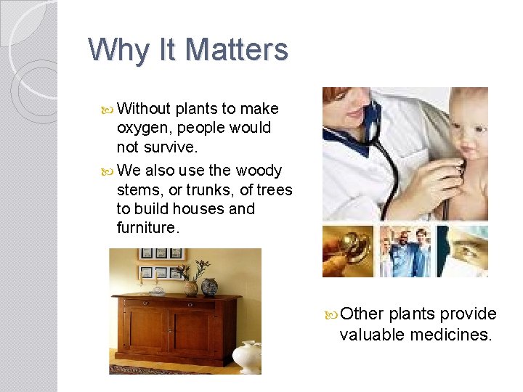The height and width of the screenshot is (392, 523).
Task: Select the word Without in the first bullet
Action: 144,109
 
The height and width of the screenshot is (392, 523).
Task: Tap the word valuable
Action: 371,335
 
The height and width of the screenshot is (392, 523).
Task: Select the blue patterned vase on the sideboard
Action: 209,287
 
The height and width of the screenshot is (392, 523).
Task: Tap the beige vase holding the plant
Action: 190,287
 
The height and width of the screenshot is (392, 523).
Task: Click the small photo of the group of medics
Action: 405,250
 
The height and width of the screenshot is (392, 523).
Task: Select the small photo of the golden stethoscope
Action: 347,250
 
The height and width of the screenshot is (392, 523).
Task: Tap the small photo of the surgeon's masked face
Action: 463,250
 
